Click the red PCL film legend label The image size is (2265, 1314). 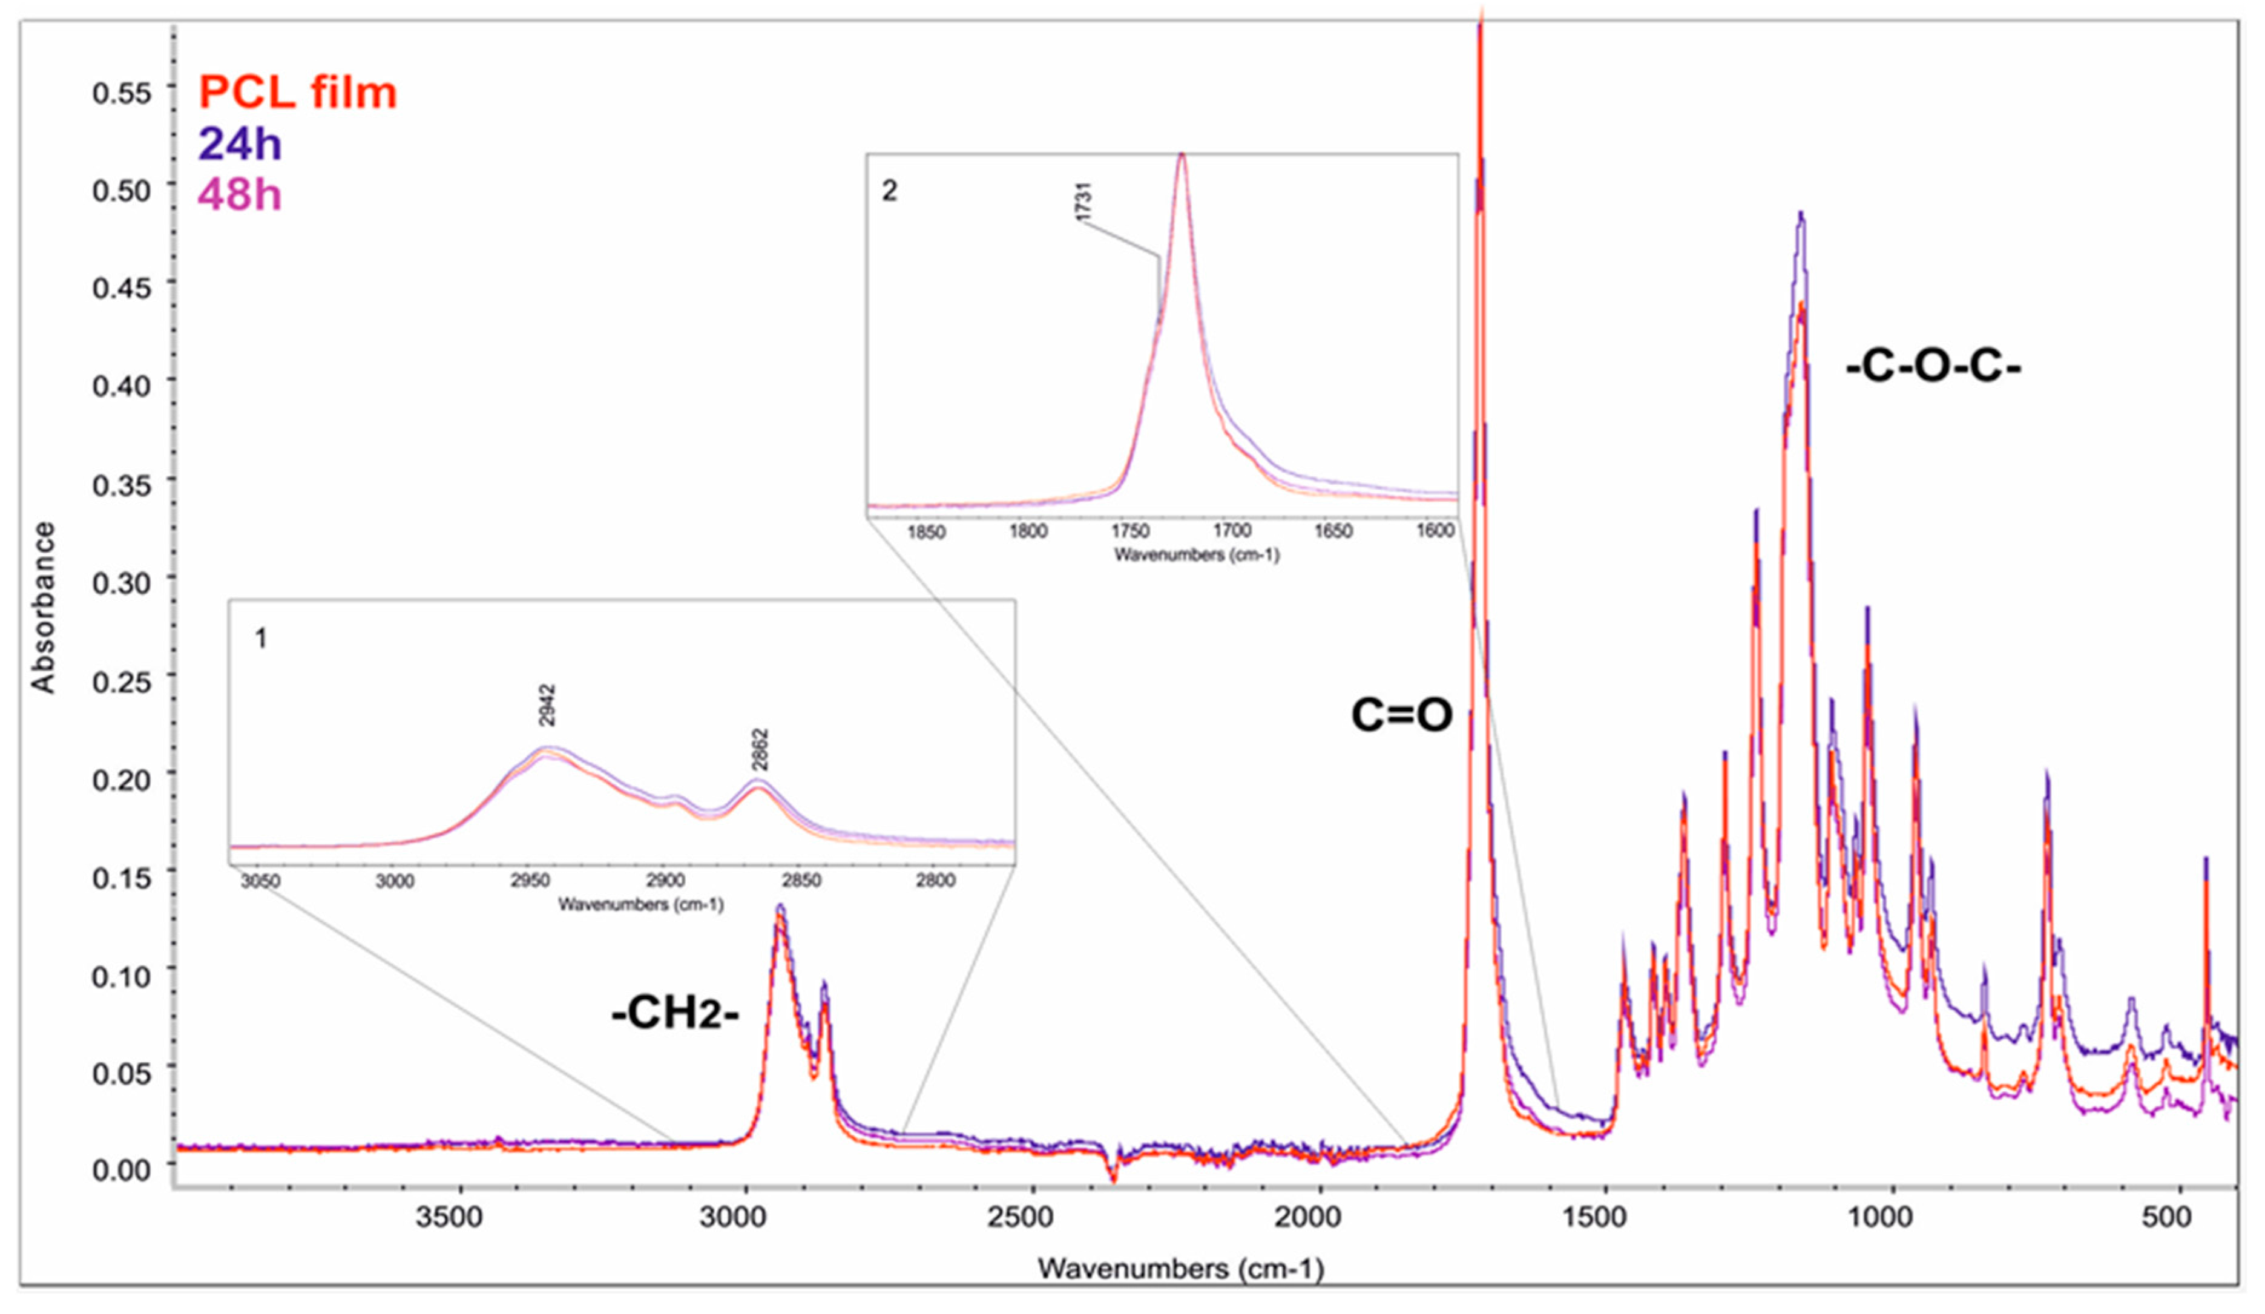pyautogui.click(x=298, y=93)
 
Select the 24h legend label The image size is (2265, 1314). pyautogui.click(x=239, y=144)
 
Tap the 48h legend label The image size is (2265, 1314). pyautogui.click(x=239, y=194)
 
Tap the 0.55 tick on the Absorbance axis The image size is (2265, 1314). pyautogui.click(x=121, y=93)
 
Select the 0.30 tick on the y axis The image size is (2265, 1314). pyautogui.click(x=121, y=583)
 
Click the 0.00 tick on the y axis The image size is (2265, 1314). pyautogui.click(x=121, y=1170)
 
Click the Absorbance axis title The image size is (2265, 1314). pyautogui.click(x=43, y=608)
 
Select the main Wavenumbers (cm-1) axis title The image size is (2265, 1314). pyautogui.click(x=1180, y=1268)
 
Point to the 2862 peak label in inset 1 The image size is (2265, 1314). pyautogui.click(x=760, y=749)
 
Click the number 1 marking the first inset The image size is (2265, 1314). pyautogui.click(x=261, y=639)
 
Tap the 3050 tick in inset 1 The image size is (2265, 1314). pyautogui.click(x=261, y=881)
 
